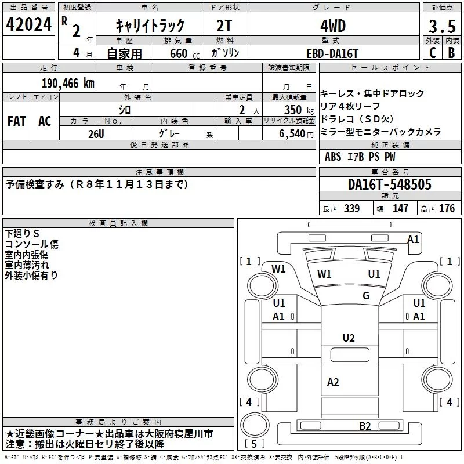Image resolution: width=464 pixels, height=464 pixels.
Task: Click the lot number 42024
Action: (28, 24)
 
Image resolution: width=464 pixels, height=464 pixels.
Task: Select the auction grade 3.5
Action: (442, 26)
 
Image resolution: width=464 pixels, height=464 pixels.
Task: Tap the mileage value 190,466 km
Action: (68, 84)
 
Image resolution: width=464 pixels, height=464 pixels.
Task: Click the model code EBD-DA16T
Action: (332, 53)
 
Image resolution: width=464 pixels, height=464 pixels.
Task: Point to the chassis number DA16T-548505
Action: (390, 184)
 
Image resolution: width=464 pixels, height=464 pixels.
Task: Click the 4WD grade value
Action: (333, 26)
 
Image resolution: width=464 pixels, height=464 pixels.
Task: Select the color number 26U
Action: (96, 134)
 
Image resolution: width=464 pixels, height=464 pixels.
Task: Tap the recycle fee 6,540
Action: (292, 134)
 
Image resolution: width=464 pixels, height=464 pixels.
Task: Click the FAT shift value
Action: (17, 121)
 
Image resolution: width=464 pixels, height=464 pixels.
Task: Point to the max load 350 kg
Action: (299, 110)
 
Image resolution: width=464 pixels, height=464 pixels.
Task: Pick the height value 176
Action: (447, 208)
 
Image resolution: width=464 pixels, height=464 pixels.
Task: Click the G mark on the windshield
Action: (366, 295)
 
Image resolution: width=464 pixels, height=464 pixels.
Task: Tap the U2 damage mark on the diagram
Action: (349, 338)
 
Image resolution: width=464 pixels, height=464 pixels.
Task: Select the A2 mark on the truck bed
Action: (333, 382)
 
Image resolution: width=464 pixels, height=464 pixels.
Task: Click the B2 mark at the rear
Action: (365, 426)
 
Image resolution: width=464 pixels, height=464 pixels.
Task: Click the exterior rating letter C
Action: (433, 53)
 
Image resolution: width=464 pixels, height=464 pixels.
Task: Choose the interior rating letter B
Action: (452, 53)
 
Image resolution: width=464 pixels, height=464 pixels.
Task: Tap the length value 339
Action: (352, 208)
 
